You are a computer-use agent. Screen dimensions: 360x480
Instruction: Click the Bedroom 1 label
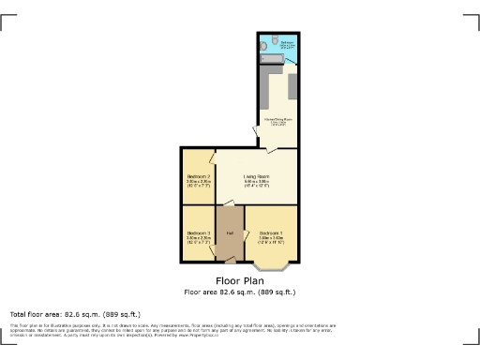click(x=270, y=232)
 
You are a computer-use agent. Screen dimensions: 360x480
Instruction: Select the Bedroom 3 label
click(x=197, y=233)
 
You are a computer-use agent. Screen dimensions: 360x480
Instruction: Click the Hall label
click(x=229, y=232)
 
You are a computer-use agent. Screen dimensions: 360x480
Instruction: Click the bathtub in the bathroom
click(x=272, y=59)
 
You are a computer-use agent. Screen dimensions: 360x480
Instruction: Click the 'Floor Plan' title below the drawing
click(x=239, y=280)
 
